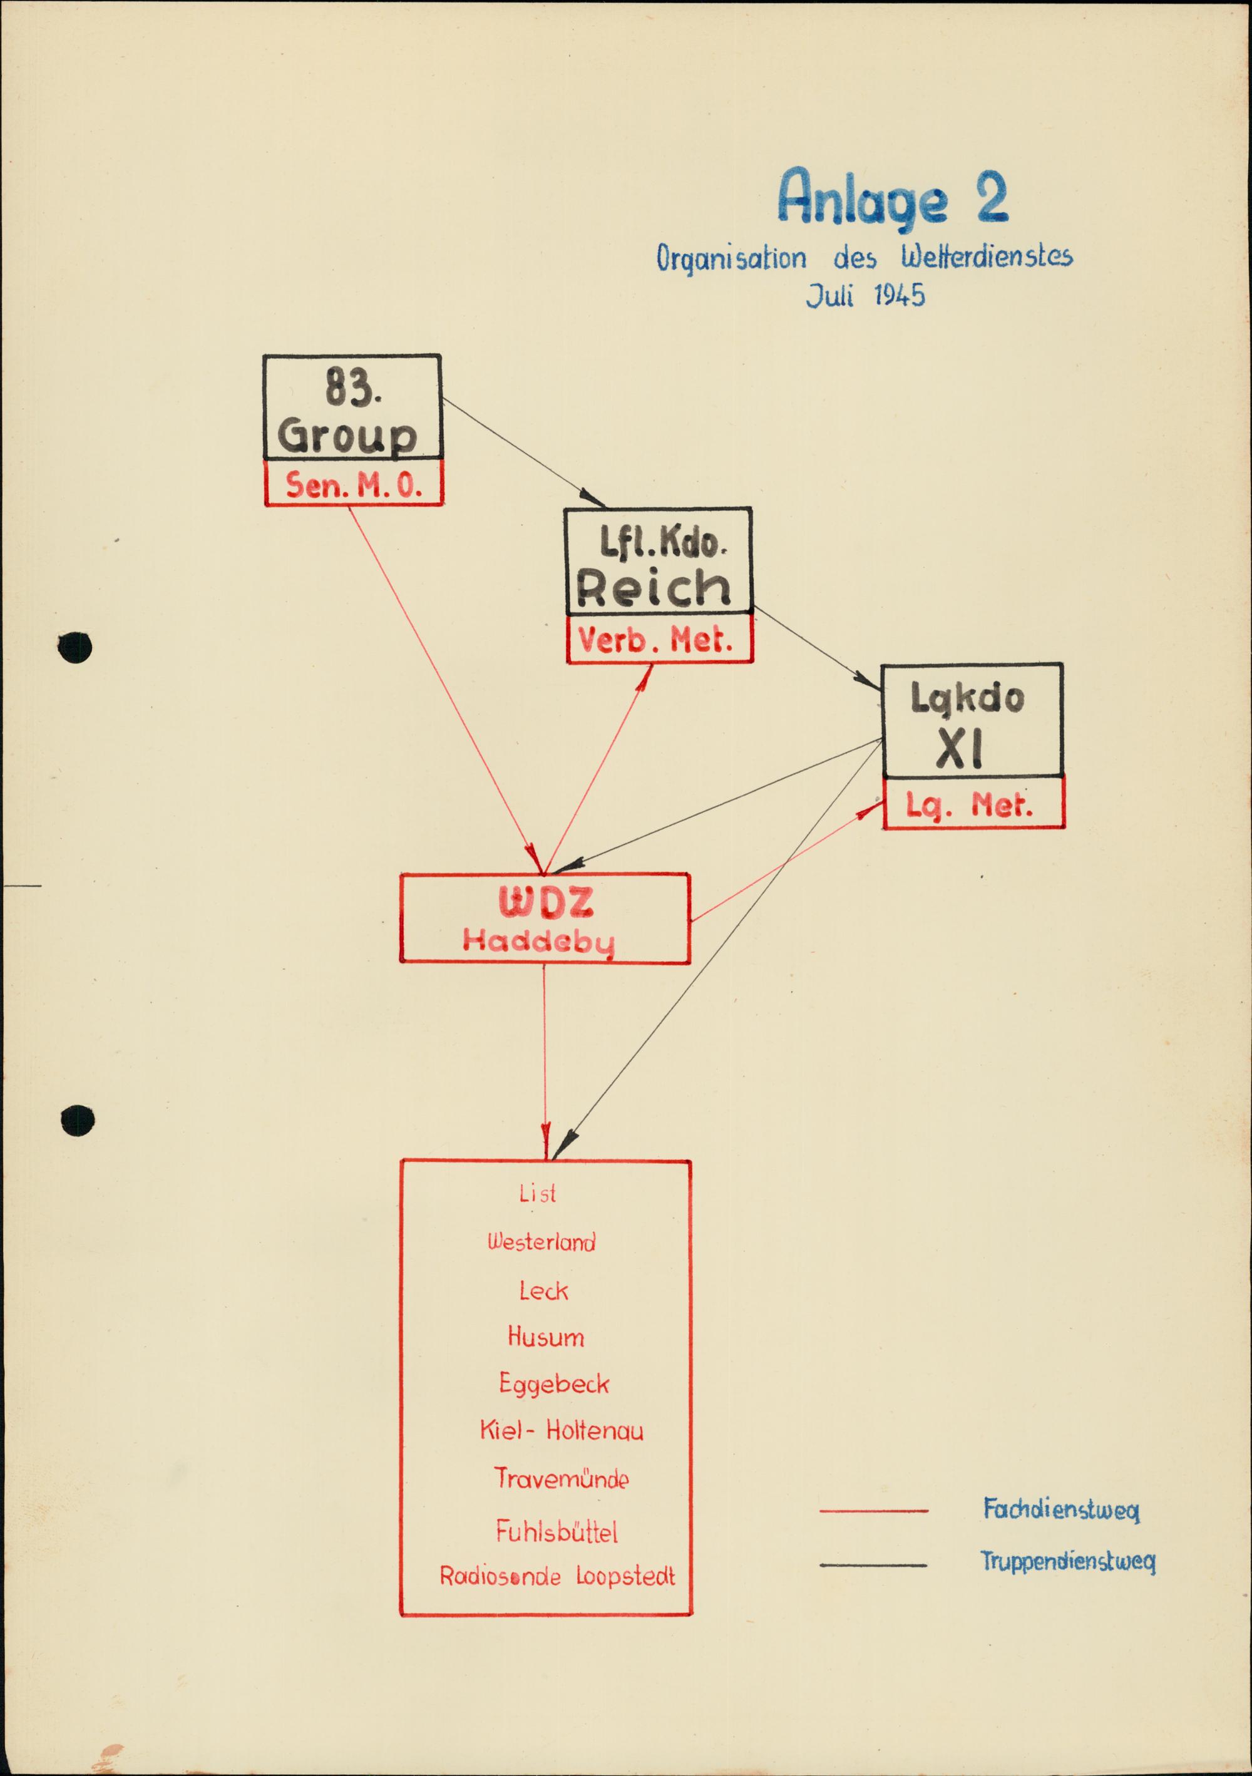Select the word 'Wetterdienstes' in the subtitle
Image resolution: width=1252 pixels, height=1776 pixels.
[x=987, y=257]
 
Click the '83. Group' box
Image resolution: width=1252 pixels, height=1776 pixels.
[x=352, y=407]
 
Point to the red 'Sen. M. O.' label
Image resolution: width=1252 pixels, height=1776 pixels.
[x=354, y=485]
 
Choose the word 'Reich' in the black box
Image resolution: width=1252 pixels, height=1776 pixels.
[x=654, y=588]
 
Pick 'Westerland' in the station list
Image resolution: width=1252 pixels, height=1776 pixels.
[x=541, y=1242]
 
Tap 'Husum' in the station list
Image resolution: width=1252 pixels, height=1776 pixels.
[x=545, y=1337]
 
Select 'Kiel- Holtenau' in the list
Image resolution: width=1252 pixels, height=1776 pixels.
[x=561, y=1431]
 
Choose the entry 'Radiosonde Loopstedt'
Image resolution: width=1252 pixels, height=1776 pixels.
[x=557, y=1576]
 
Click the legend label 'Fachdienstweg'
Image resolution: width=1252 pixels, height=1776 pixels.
[x=1061, y=1510]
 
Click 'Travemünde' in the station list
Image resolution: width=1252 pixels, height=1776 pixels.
[x=561, y=1479]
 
